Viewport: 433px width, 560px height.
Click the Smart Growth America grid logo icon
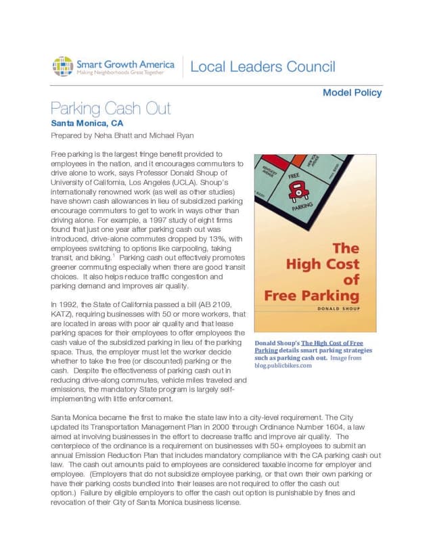[x=63, y=66]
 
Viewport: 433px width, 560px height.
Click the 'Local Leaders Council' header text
[x=263, y=67]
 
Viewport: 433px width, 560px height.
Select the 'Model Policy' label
[x=352, y=93]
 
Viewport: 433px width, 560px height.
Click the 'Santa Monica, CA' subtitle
[x=87, y=124]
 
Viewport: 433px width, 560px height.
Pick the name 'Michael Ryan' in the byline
[x=170, y=135]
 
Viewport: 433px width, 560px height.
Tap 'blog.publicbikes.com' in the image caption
[x=283, y=366]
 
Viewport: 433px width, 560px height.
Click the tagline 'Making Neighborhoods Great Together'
[x=120, y=72]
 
